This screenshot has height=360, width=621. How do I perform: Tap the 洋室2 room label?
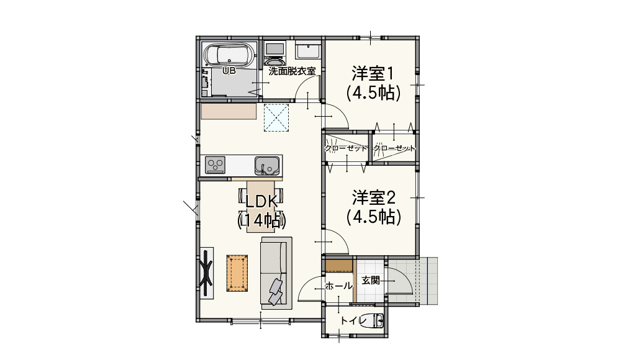(373, 197)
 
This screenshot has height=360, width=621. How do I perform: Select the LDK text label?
(261, 202)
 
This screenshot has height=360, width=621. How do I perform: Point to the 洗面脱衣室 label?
(292, 71)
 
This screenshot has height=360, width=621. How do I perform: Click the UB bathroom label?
(229, 71)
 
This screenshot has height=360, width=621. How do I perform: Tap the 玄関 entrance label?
(371, 281)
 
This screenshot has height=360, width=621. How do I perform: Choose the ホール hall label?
(338, 286)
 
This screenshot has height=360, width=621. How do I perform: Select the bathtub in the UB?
(228, 55)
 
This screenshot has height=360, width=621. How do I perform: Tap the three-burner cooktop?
(215, 164)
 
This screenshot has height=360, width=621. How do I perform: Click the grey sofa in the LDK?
(276, 273)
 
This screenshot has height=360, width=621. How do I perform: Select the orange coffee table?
(237, 273)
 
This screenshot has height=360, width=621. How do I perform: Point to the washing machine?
(274, 53)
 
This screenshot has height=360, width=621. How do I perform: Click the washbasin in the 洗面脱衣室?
(308, 51)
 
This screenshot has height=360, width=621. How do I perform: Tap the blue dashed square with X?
(276, 117)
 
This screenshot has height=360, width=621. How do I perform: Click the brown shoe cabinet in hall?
(339, 266)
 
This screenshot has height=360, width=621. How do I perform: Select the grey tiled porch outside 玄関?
(428, 281)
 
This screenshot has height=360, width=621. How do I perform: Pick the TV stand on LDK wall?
(206, 273)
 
